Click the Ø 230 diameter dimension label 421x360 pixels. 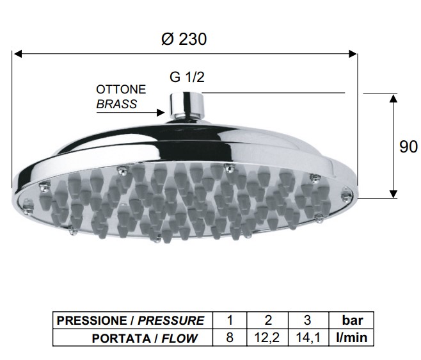coord(184,39)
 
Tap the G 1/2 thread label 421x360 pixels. coord(187,77)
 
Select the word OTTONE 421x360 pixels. coord(121,90)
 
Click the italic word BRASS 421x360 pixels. coord(116,104)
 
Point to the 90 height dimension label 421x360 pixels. coord(408,147)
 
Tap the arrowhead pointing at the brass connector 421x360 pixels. coord(161,112)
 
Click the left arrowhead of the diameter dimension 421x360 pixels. coord(18,54)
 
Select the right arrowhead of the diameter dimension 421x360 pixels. coord(353,54)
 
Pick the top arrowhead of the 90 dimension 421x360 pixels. coord(393,99)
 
